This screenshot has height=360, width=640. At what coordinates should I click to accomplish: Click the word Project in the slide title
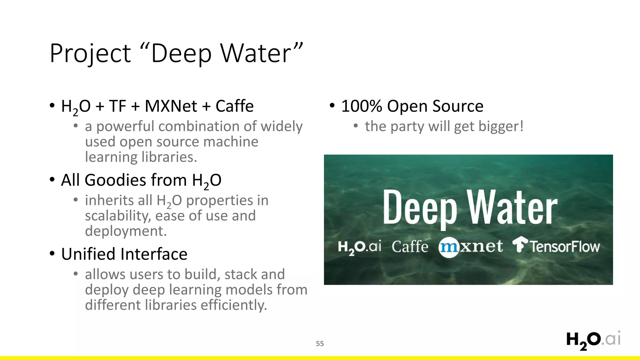[90, 54]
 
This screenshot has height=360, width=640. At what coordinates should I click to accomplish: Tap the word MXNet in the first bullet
[171, 106]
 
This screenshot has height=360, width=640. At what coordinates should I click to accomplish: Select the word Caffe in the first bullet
[234, 106]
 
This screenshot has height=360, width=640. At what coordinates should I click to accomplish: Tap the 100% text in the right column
[361, 106]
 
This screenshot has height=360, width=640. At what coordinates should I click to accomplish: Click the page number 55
[320, 344]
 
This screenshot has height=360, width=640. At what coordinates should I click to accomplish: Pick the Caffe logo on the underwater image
[410, 247]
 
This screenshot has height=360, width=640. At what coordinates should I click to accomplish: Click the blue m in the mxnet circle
[448, 247]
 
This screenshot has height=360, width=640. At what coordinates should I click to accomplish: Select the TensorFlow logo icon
[520, 244]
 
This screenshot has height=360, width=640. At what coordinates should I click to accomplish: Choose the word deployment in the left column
[126, 231]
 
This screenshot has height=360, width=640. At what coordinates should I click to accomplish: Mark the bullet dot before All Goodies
[52, 180]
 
